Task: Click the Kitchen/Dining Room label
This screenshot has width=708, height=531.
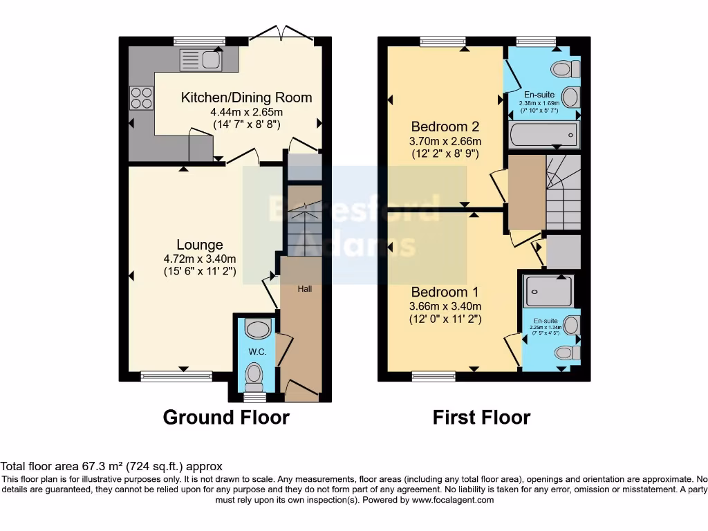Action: [246, 97]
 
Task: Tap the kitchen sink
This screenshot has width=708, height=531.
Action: [200, 60]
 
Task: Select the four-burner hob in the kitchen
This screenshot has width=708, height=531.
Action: [141, 96]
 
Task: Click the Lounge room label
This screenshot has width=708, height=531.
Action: [200, 245]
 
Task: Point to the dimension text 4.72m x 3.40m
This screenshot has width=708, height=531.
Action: [200, 259]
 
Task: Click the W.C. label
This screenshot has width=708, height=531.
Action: [257, 352]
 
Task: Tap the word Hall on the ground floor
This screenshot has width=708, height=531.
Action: [304, 288]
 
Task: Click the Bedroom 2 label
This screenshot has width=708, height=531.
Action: [445, 127]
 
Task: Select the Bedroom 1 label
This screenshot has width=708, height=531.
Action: [445, 292]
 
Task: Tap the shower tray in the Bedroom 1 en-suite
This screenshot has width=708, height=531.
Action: [548, 290]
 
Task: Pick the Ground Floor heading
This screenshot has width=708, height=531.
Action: [226, 418]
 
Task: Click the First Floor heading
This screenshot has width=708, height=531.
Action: [481, 418]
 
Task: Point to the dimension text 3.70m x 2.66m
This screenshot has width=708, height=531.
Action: [445, 141]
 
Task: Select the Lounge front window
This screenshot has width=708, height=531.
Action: [176, 377]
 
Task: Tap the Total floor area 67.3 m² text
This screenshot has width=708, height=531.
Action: [111, 467]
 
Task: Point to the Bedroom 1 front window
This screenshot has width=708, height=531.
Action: [434, 377]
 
